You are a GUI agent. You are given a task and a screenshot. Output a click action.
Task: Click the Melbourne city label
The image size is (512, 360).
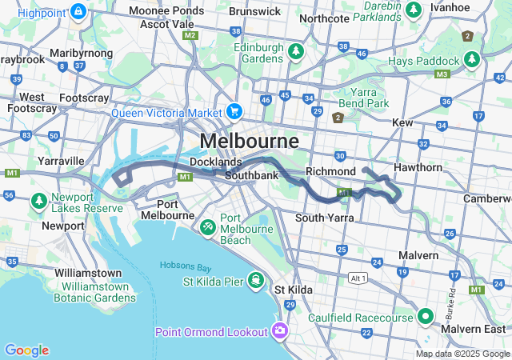(249, 141)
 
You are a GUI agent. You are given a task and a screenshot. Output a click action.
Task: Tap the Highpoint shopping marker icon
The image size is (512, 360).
(78, 11)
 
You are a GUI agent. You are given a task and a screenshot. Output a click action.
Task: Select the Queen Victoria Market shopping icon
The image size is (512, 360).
(234, 111)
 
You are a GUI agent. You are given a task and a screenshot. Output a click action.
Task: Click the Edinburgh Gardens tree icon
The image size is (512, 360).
(297, 51)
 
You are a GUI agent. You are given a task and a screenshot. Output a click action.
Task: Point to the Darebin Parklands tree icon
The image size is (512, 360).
(413, 10)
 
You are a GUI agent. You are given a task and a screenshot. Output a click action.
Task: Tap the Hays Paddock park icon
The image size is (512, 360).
(472, 59)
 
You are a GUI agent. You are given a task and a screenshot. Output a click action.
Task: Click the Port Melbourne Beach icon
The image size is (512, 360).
(207, 227)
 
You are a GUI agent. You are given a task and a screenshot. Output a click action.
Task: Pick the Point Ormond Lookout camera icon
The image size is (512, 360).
(279, 330)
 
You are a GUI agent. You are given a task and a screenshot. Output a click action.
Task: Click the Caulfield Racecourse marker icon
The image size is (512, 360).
(423, 317)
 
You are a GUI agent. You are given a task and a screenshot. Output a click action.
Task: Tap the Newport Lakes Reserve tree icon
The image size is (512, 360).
(38, 199)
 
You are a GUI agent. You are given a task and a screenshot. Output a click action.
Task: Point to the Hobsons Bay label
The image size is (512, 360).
(190, 266)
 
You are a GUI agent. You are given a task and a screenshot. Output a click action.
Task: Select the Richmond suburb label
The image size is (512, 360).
(330, 171)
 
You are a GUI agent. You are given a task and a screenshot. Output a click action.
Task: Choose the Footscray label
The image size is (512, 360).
(84, 98)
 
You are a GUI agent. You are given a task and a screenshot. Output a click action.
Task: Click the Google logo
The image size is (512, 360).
(26, 350)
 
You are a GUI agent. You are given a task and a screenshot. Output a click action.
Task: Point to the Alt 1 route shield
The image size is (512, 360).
(358, 278)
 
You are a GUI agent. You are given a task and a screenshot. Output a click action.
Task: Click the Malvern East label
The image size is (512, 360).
(477, 329)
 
